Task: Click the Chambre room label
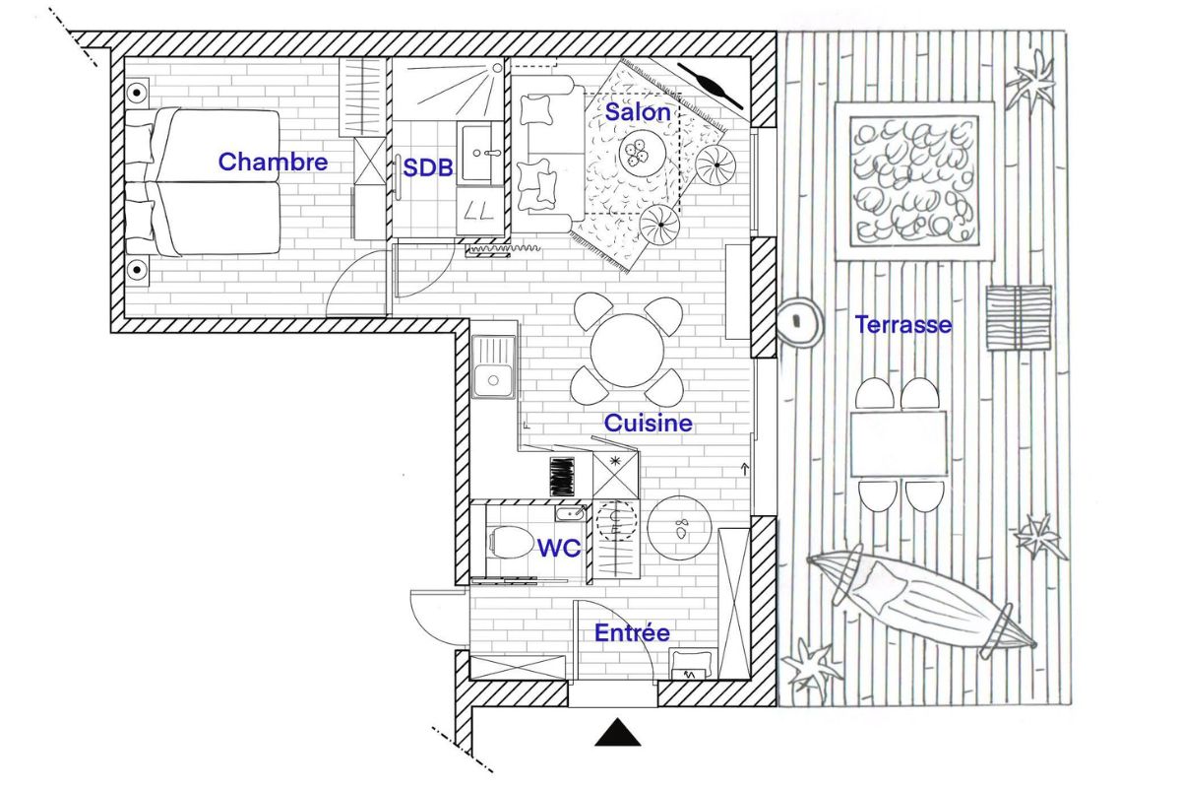pyautogui.click(x=273, y=162)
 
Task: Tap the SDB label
pyautogui.click(x=428, y=167)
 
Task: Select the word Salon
pyautogui.click(x=638, y=112)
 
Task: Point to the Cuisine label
pyautogui.click(x=648, y=424)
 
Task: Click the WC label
pyautogui.click(x=559, y=548)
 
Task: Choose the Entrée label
pyautogui.click(x=632, y=633)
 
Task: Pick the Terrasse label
pyautogui.click(x=902, y=324)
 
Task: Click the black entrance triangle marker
pyautogui.click(x=618, y=733)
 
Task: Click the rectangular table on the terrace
pyautogui.click(x=897, y=443)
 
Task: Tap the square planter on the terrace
pyautogui.click(x=914, y=180)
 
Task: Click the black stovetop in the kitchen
pyautogui.click(x=561, y=477)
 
